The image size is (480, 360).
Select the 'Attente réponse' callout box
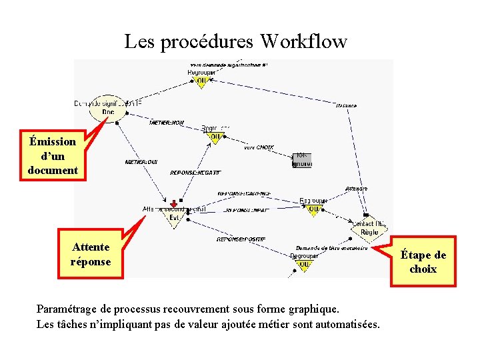pyautogui.click(x=91, y=254)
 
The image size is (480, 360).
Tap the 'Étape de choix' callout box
pyautogui.click(x=423, y=261)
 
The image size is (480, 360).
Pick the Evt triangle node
pyautogui.click(x=174, y=217)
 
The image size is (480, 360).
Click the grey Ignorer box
pyautogui.click(x=301, y=160)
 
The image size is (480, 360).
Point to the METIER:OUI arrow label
pyautogui.click(x=141, y=162)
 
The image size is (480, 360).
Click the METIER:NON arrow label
pyautogui.click(x=167, y=123)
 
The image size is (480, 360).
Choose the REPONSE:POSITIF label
pyautogui.click(x=241, y=239)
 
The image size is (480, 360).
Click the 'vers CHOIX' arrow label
pyautogui.click(x=259, y=147)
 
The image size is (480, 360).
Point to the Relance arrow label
pyautogui.click(x=346, y=105)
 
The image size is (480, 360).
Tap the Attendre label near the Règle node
pyautogui.click(x=357, y=189)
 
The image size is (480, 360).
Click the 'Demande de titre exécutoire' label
pyautogui.click(x=331, y=248)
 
